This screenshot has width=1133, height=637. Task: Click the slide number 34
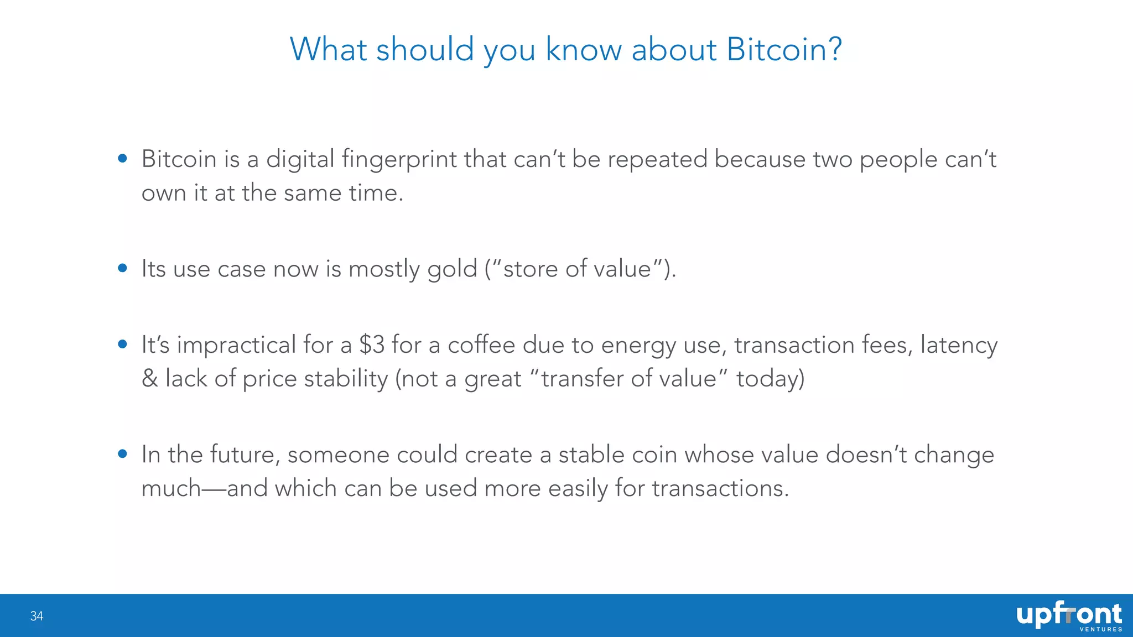pyautogui.click(x=37, y=616)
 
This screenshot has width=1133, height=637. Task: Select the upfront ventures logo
pyautogui.click(x=1068, y=617)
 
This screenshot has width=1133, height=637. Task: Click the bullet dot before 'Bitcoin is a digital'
pyautogui.click(x=123, y=159)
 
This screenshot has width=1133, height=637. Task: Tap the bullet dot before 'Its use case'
pyautogui.click(x=123, y=269)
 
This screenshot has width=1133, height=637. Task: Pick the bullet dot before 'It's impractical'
pyautogui.click(x=123, y=344)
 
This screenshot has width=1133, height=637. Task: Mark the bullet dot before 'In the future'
pyautogui.click(x=123, y=454)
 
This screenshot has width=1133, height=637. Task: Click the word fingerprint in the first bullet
pyautogui.click(x=399, y=160)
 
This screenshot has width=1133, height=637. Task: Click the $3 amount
pyautogui.click(x=372, y=345)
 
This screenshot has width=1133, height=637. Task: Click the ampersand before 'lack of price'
pyautogui.click(x=150, y=379)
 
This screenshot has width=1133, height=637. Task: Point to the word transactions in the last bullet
pyautogui.click(x=720, y=489)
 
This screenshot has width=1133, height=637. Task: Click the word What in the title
pyautogui.click(x=328, y=50)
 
